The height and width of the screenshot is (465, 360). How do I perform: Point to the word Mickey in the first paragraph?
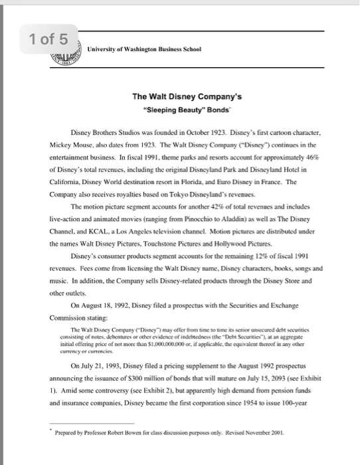(61, 143)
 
